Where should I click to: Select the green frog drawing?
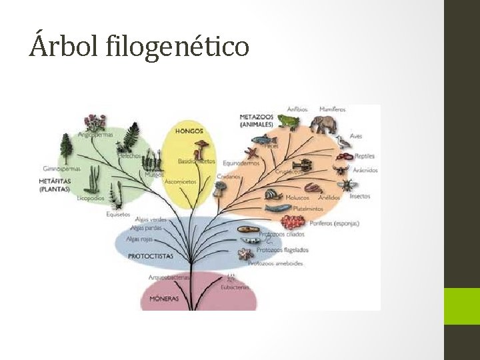[x=287, y=121]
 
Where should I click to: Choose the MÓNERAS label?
[x=163, y=299]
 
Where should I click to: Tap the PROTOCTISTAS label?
[x=150, y=256]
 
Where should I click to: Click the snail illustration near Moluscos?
[x=273, y=195]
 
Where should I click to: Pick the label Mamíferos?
[x=332, y=109]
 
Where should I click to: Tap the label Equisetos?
[x=117, y=214]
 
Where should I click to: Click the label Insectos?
[x=359, y=197]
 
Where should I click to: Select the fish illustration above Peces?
[x=268, y=140]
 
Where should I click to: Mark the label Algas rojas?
[x=139, y=239]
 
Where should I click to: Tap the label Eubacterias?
[x=234, y=287]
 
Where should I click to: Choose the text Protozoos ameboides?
[x=275, y=263]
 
